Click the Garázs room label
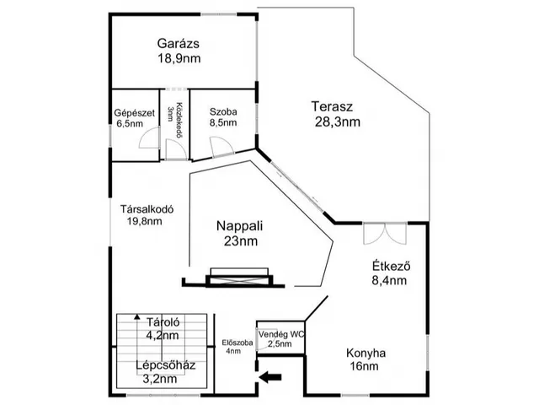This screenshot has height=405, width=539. click(x=178, y=43)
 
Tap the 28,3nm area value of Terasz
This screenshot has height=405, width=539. click(x=337, y=121)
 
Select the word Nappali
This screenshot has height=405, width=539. click(x=239, y=226)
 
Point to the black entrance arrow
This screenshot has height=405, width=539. click(x=270, y=377)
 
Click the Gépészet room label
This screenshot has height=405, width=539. click(x=135, y=113)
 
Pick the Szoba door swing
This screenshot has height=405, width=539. click(x=222, y=147)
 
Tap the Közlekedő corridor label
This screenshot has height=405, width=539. click(x=179, y=120)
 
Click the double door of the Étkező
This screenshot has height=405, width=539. click(x=385, y=234)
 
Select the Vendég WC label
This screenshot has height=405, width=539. click(x=281, y=334)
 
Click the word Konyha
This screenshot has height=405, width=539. click(x=366, y=354)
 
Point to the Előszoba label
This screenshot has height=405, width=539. click(x=237, y=343)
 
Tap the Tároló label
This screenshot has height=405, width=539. click(x=163, y=322)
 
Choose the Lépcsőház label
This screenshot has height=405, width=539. click(x=166, y=365)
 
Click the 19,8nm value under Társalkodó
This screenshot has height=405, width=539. click(x=144, y=221)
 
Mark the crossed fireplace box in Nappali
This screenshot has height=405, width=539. click(x=239, y=279)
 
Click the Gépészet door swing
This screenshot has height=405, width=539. click(x=150, y=138)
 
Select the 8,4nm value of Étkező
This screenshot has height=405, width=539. click(x=389, y=280)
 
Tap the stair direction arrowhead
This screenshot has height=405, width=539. click(x=137, y=316)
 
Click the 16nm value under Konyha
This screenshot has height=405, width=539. click(x=365, y=366)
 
